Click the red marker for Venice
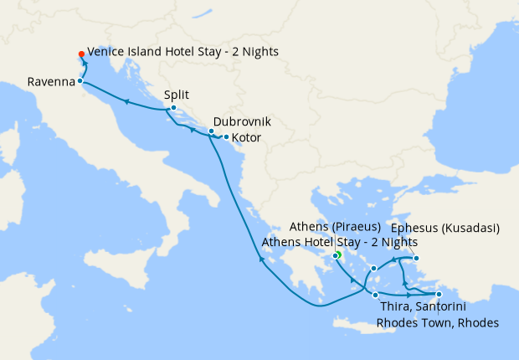point(81,52)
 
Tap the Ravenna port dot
point(80,81)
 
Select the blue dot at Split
point(172,108)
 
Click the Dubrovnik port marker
point(211,131)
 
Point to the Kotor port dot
point(226,136)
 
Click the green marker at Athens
point(337,255)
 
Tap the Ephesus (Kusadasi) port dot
point(416,258)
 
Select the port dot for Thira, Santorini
point(375,295)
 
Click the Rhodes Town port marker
point(439,294)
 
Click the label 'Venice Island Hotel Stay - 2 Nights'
point(182,52)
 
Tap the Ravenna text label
point(49,82)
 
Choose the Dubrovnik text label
point(242,121)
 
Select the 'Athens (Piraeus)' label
point(335,227)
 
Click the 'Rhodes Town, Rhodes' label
point(438,323)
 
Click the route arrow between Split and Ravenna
point(126,100)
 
